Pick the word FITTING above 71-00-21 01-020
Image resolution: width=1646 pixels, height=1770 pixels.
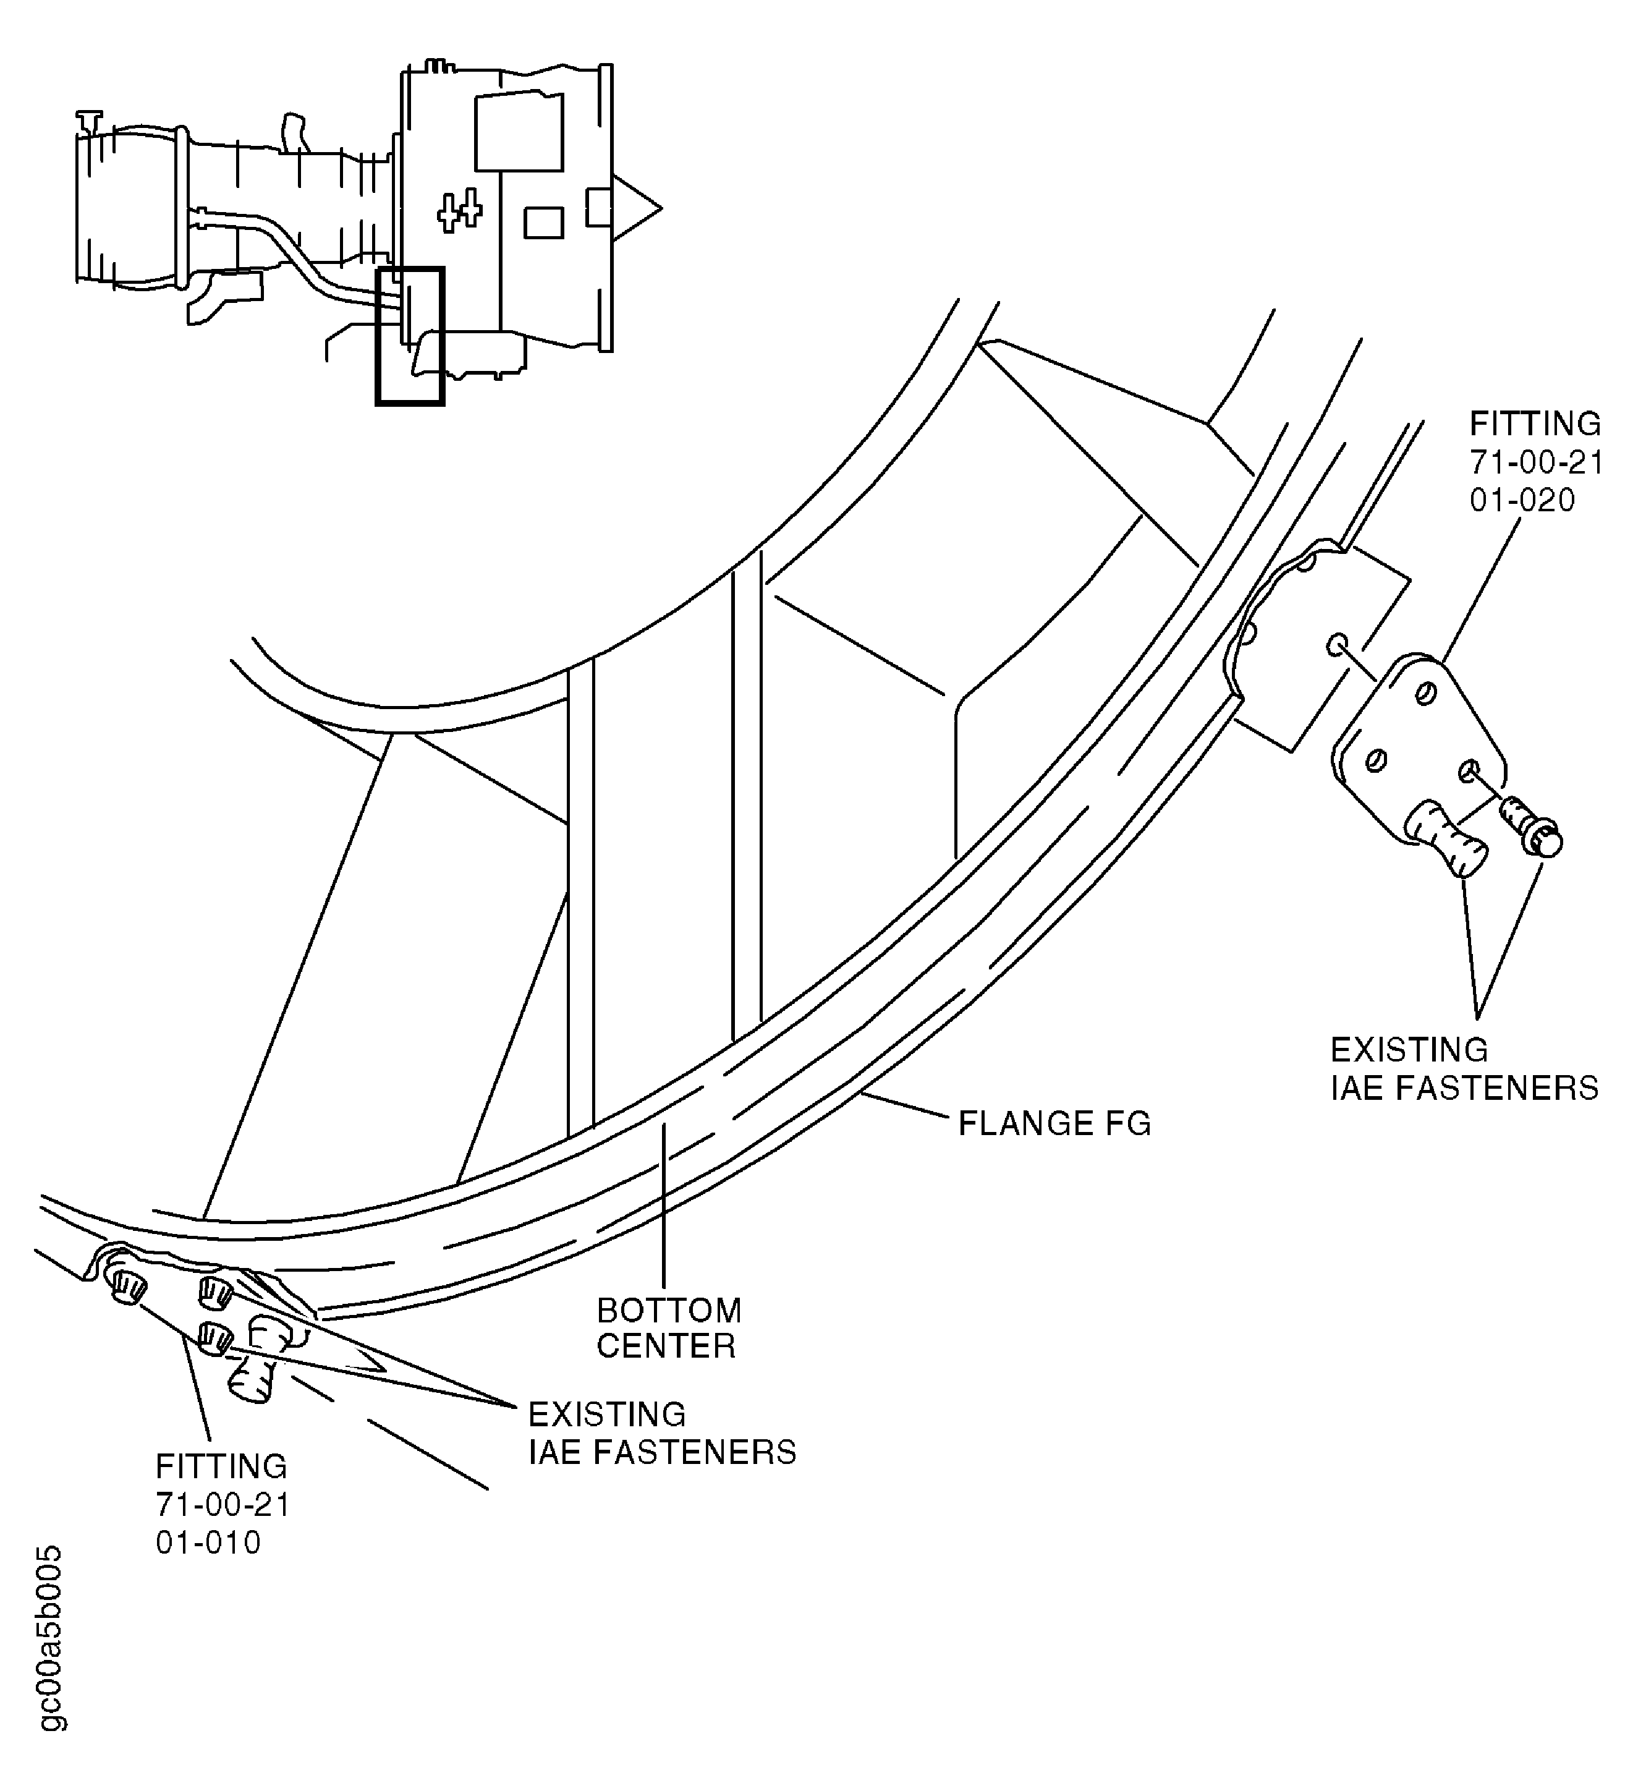click(x=1535, y=424)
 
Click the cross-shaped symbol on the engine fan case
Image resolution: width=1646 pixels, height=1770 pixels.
click(x=459, y=211)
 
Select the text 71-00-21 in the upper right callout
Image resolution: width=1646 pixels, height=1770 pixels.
click(x=1535, y=463)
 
